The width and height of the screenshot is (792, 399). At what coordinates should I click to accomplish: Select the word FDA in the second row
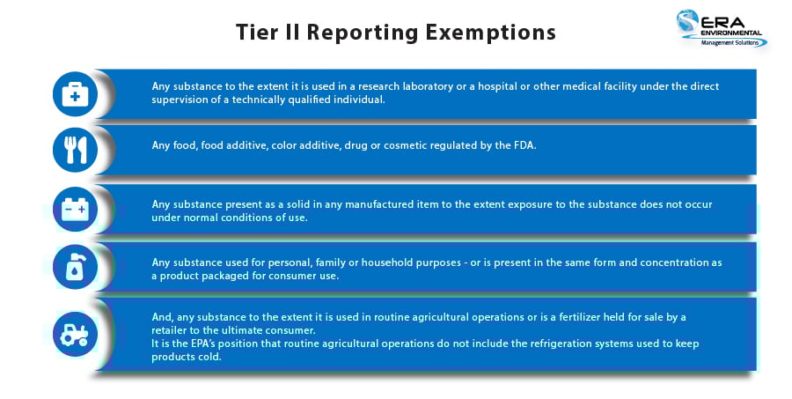click(523, 145)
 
